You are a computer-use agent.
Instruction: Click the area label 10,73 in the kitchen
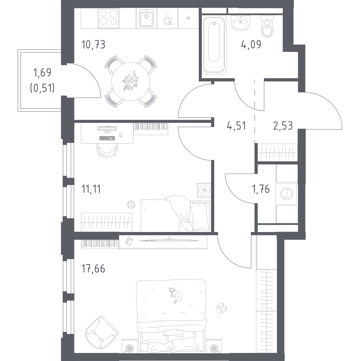(x=93, y=44)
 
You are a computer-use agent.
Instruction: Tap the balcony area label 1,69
(x=42, y=72)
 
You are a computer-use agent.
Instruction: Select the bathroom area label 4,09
(x=251, y=44)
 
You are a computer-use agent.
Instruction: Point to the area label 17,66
(x=93, y=268)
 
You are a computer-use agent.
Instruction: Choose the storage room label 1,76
(x=261, y=189)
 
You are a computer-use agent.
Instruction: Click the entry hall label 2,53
(x=283, y=126)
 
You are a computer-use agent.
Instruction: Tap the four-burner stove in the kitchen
(x=109, y=18)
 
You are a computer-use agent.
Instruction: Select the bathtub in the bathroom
(x=214, y=45)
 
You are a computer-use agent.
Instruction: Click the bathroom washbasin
(x=240, y=23)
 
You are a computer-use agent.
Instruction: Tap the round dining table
(x=131, y=81)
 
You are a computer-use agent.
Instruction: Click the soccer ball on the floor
(x=131, y=204)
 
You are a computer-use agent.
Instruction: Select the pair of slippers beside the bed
(x=221, y=308)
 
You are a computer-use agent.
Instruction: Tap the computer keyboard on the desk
(x=107, y=138)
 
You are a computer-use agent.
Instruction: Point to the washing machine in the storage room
(x=287, y=193)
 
